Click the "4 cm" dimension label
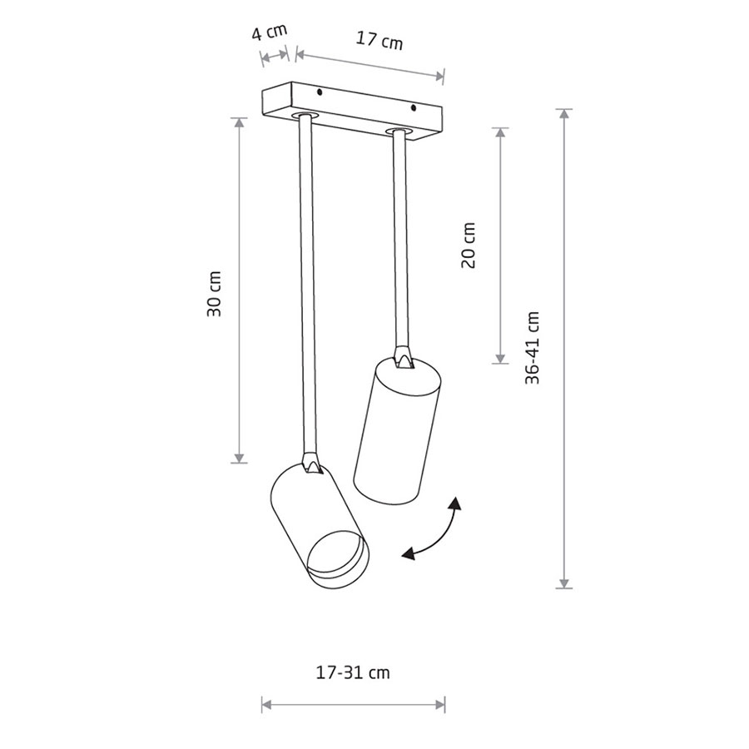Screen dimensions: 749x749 pyautogui.click(x=270, y=33)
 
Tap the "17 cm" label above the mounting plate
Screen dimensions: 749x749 pyautogui.click(x=379, y=40)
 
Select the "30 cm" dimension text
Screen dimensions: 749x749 pyautogui.click(x=214, y=294)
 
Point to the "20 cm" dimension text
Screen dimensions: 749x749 pyautogui.click(x=469, y=245)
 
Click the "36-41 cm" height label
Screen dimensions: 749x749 pyautogui.click(x=532, y=348)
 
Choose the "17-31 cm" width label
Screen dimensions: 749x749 pyautogui.click(x=353, y=672)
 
